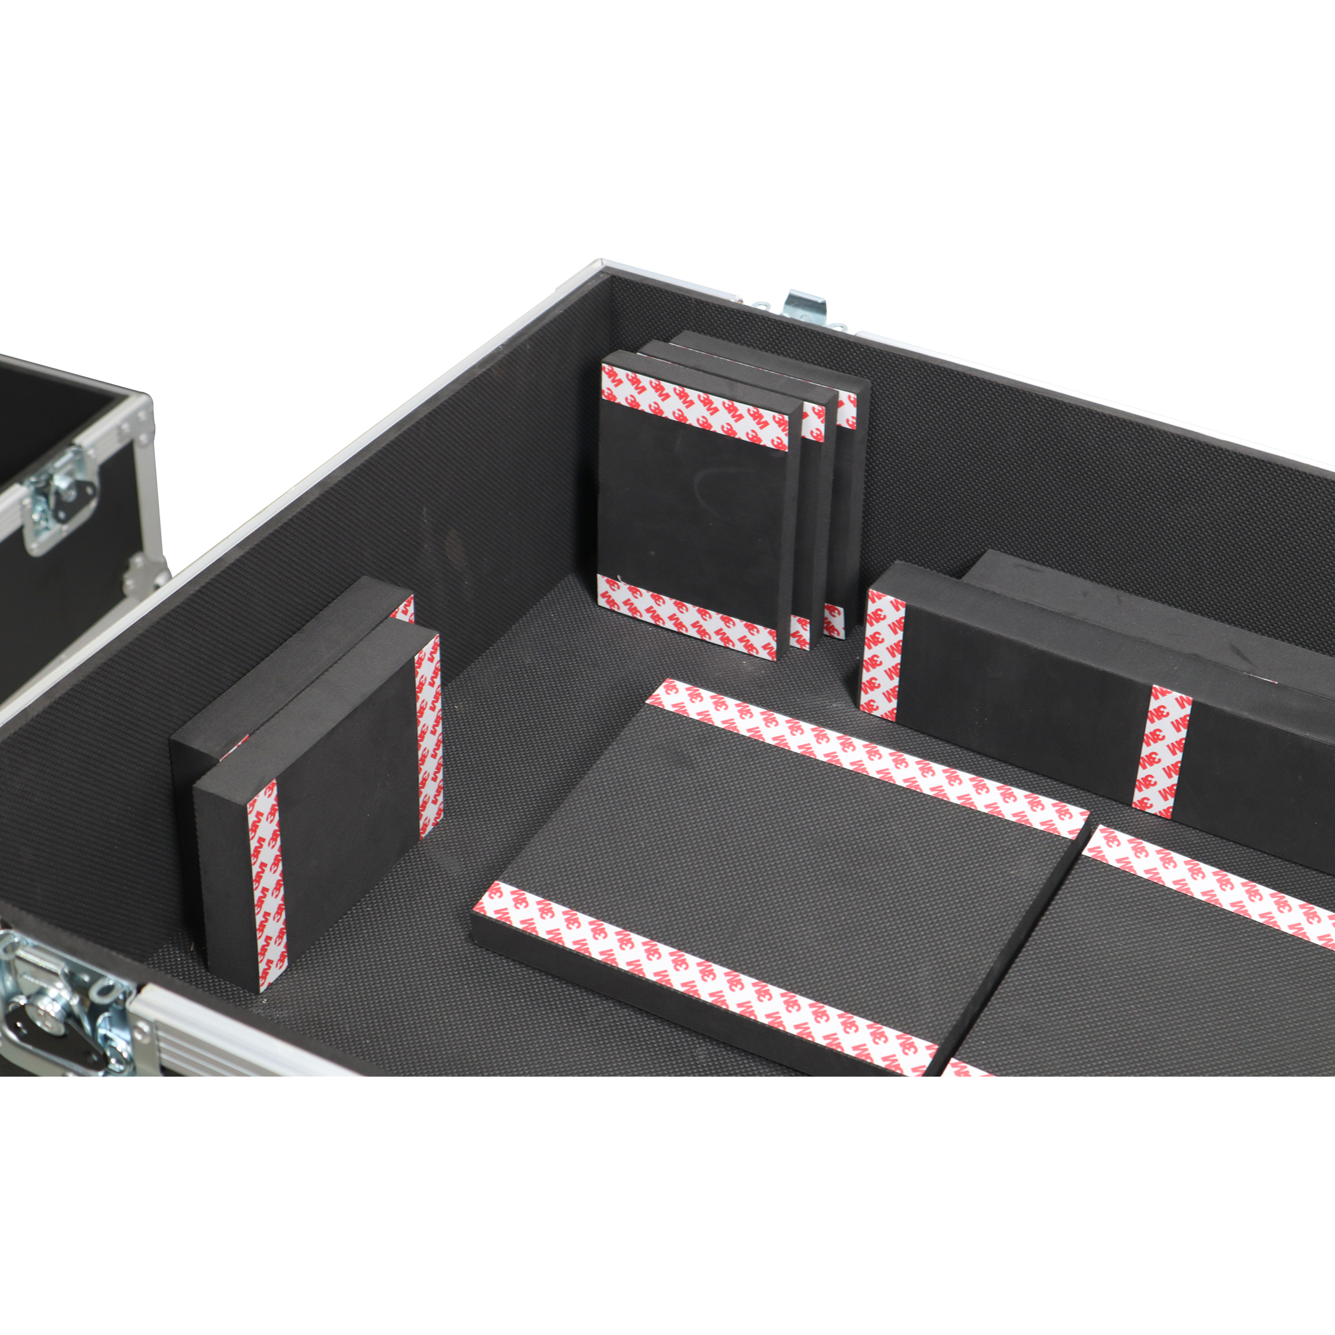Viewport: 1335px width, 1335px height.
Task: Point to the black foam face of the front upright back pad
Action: (x=691, y=512)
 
